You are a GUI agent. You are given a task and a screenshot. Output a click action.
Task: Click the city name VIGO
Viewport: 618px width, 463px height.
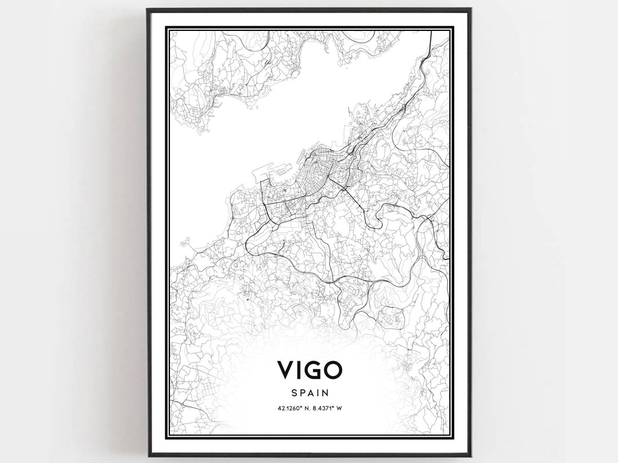pyautogui.click(x=310, y=370)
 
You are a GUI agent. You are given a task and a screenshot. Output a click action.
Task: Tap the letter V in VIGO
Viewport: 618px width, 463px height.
pyautogui.click(x=286, y=370)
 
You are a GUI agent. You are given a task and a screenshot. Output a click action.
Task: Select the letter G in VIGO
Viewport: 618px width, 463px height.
pyautogui.click(x=312, y=370)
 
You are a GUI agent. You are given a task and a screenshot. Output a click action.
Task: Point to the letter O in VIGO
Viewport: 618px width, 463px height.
pyautogui.click(x=332, y=370)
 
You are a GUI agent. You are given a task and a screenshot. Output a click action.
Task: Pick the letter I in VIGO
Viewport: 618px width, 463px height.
pyautogui.click(x=299, y=370)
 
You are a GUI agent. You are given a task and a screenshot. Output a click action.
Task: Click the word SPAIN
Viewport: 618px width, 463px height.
pyautogui.click(x=310, y=393)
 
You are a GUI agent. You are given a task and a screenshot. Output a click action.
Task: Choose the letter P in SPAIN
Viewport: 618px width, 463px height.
pyautogui.click(x=302, y=393)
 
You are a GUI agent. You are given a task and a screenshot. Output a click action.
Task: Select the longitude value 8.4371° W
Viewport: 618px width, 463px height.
pyautogui.click(x=329, y=408)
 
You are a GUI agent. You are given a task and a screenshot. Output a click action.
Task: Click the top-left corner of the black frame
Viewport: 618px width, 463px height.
pyautogui.click(x=148, y=9)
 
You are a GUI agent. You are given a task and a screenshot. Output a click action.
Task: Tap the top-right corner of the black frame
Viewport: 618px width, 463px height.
pyautogui.click(x=470, y=9)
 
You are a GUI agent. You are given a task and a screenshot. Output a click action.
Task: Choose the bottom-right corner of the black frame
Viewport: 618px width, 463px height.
pyautogui.click(x=470, y=456)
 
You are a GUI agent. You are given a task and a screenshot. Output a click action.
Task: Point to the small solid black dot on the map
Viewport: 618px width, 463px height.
pyautogui.click(x=247, y=299)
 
